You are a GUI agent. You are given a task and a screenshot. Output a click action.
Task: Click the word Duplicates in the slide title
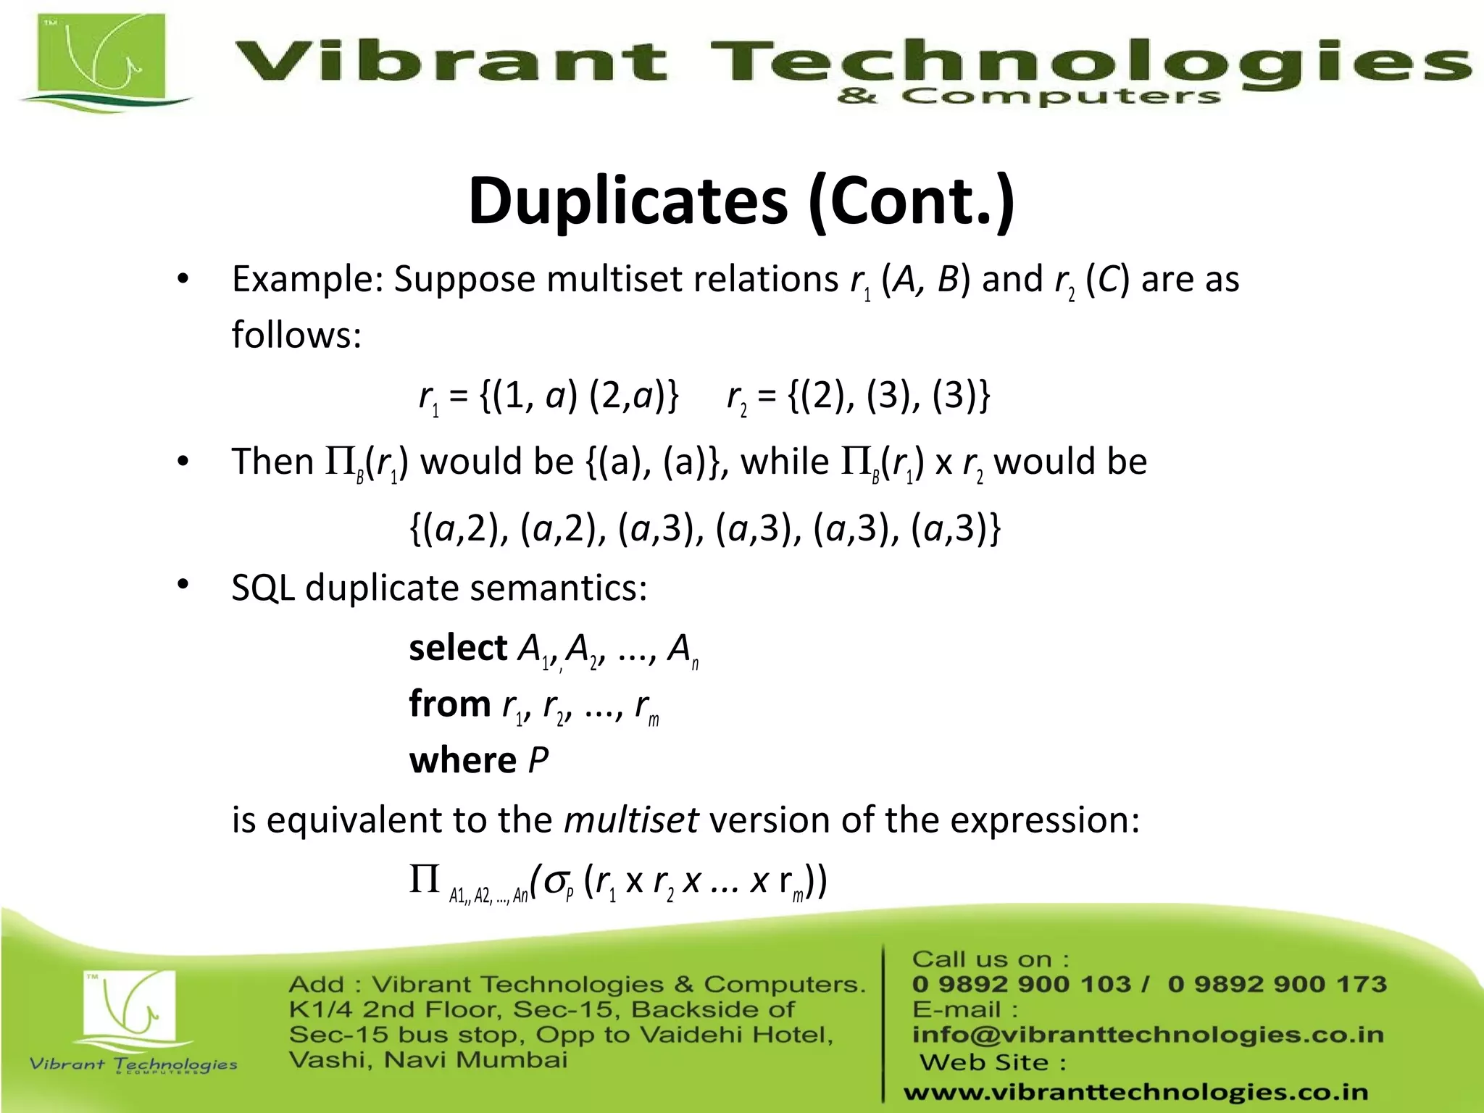628,201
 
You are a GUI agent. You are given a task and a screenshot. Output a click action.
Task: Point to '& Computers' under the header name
1028,96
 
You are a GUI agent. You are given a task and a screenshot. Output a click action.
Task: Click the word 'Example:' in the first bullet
307,279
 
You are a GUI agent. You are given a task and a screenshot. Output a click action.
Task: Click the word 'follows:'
296,335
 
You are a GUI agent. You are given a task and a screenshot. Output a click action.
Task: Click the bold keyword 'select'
458,648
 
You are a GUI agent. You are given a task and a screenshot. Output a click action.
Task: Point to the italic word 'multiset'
630,820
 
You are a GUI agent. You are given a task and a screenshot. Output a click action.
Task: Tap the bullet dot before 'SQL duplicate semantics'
183,584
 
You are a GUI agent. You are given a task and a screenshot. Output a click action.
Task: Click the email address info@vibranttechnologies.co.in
1148,1035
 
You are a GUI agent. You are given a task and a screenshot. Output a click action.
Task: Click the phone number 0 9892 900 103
1021,984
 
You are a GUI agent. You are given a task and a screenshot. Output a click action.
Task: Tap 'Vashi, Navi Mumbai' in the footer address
428,1060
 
